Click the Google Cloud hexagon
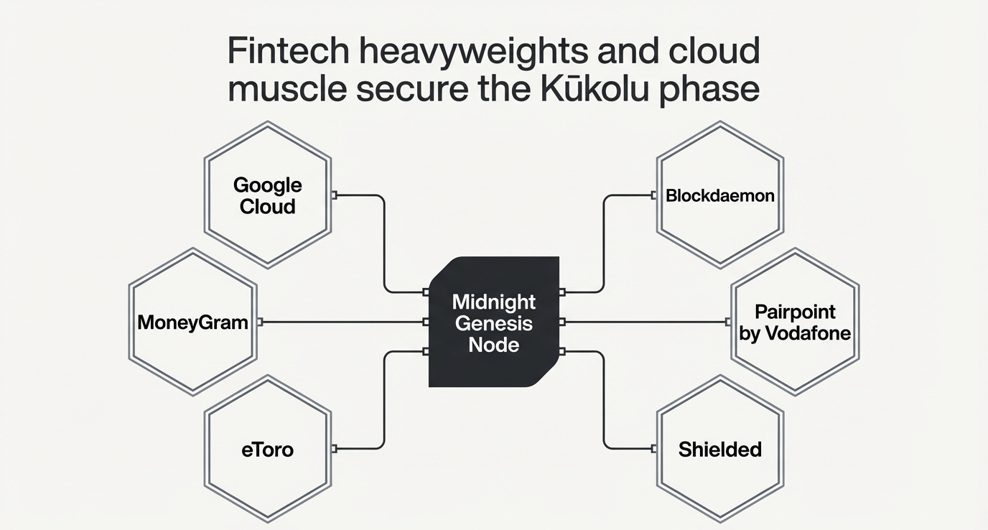click(x=268, y=195)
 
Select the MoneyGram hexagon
click(x=192, y=322)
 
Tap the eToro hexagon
click(x=268, y=450)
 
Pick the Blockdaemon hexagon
click(x=720, y=195)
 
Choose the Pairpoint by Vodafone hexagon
click(x=795, y=322)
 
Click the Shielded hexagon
click(x=720, y=450)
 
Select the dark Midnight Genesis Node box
click(x=493, y=322)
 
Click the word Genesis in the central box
click(x=493, y=323)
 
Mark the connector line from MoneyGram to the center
click(x=343, y=322)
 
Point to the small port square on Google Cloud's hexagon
click(x=334, y=195)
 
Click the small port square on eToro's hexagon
click(x=334, y=449)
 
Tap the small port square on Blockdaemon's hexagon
click(x=653, y=195)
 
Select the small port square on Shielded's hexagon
click(x=653, y=449)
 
